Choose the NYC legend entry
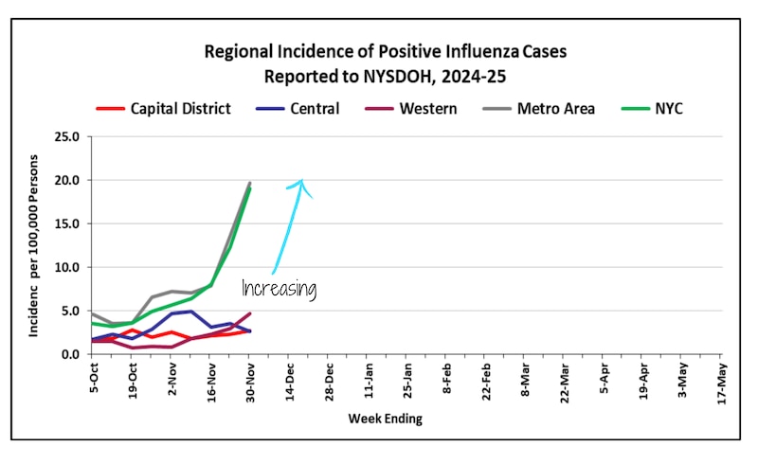667,109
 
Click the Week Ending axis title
385,418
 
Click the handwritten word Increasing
279,289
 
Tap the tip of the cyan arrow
301,180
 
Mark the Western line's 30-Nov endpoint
250,313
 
